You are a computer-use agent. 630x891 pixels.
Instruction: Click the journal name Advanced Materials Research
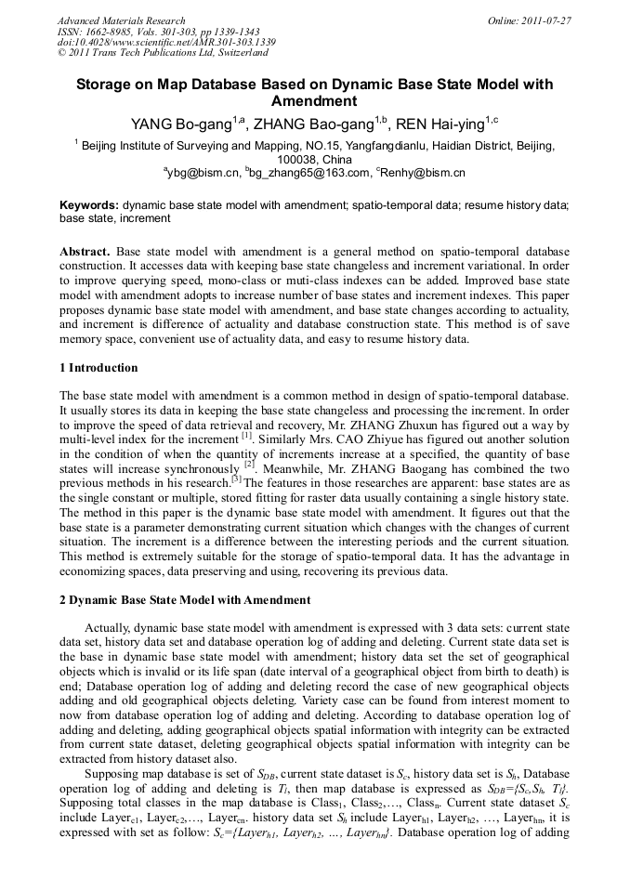pos(121,20)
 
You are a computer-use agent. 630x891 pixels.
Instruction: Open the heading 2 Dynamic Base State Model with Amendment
pos(185,600)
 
